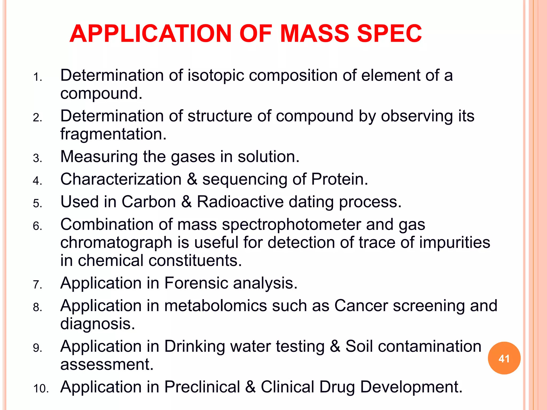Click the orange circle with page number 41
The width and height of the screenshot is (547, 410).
pyautogui.click(x=504, y=358)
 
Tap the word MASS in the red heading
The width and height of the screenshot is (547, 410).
pyautogui.click(x=315, y=34)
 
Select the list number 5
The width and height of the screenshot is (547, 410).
pyautogui.click(x=37, y=204)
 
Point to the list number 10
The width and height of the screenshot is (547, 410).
pyautogui.click(x=41, y=389)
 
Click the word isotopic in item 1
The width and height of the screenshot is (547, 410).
pyautogui.click(x=216, y=76)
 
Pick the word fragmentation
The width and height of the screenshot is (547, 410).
pyautogui.click(x=113, y=134)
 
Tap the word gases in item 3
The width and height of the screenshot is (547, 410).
pyautogui.click(x=193, y=157)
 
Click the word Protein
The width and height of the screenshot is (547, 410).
pyautogui.click(x=339, y=179)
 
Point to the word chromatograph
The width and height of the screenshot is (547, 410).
pyautogui.click(x=116, y=243)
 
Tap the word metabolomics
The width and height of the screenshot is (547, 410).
pyautogui.click(x=216, y=306)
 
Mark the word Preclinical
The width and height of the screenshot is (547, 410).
pyautogui.click(x=202, y=387)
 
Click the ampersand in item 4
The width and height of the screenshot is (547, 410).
pyautogui.click(x=192, y=179)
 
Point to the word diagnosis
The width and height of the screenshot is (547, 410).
pyautogui.click(x=97, y=324)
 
